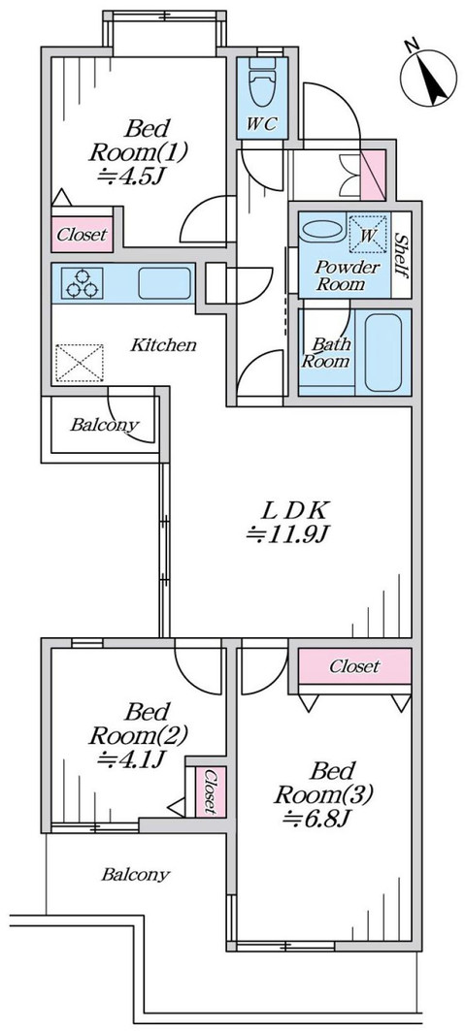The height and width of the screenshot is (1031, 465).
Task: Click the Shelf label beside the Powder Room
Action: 400,253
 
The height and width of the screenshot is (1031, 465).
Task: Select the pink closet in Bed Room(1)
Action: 82,235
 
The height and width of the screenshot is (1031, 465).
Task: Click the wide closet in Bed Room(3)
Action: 353,667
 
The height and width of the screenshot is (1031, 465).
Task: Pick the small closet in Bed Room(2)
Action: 209,791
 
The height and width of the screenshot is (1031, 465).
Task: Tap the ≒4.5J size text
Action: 130,177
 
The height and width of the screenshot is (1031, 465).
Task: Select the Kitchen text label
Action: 164,345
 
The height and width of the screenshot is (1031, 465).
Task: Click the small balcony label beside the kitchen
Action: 104,425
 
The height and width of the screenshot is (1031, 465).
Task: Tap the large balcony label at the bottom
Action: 135,875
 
